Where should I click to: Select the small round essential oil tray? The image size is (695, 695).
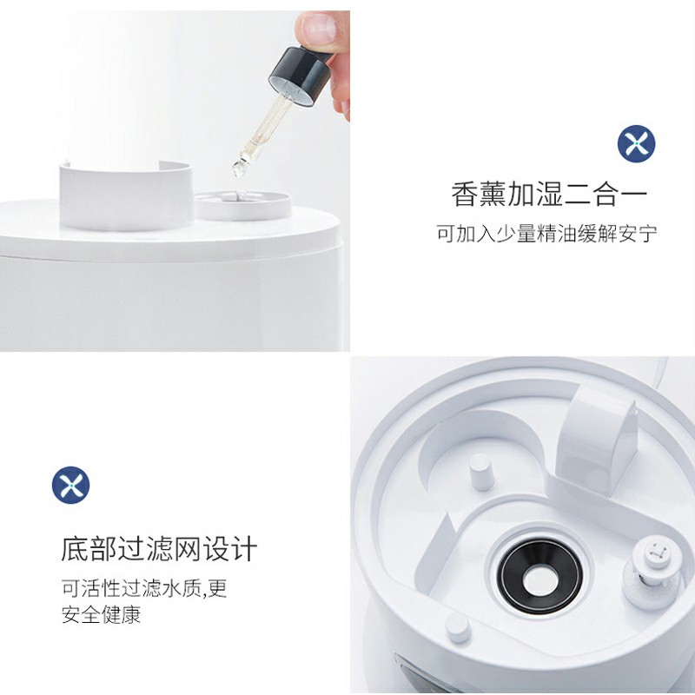241,203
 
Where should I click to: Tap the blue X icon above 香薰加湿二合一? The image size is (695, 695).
636,142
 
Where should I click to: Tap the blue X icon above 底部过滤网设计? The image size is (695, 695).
70,484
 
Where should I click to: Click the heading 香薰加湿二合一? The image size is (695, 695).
549,193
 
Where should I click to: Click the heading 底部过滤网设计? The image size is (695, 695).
159,549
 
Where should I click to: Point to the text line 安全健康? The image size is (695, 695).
101,615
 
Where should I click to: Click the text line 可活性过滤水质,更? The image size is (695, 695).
143,588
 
